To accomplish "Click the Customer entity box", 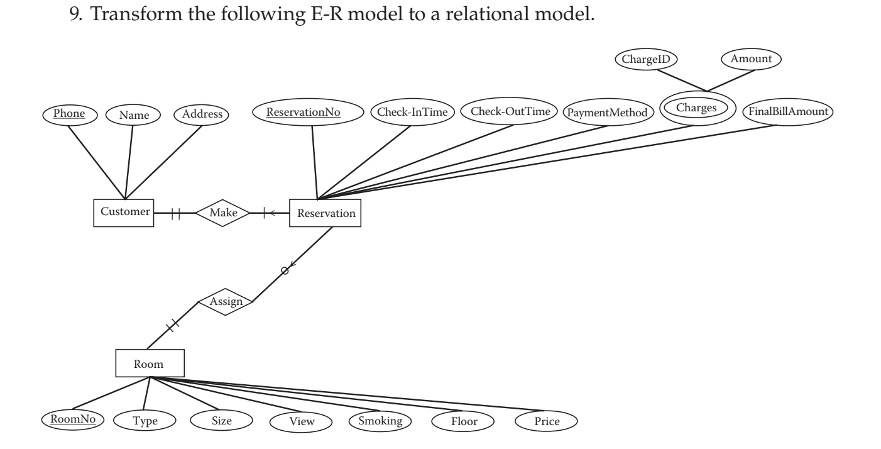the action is tap(124, 213).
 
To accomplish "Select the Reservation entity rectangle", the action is tap(325, 213).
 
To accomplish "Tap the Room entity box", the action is tap(150, 363).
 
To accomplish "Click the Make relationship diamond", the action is tap(222, 213).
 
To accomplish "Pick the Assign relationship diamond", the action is tap(226, 302).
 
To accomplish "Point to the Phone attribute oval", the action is tap(70, 115).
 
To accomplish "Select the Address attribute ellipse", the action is tap(201, 115).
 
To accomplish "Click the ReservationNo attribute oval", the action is tap(308, 112).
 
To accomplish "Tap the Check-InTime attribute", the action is tap(413, 112).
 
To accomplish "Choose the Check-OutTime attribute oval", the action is tap(509, 111).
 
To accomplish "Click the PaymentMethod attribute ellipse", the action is tap(608, 113).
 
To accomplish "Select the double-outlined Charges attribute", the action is tap(698, 108).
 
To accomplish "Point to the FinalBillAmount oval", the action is tap(788, 112).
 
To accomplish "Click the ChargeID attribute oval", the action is tap(646, 59).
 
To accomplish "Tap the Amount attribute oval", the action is tap(751, 59).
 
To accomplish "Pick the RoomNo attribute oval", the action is tap(73, 419).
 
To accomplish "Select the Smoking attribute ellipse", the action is tap(380, 421).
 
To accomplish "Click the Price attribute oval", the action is tap(546, 421).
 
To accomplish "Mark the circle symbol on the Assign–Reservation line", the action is tap(285, 271).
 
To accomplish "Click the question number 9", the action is tap(75, 14).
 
